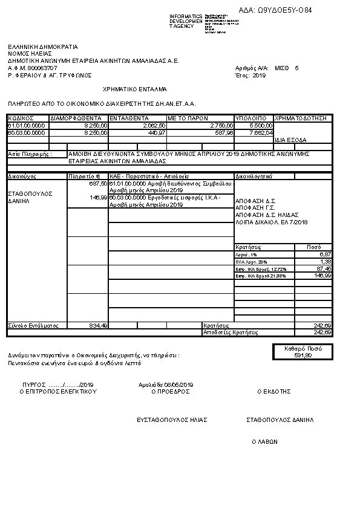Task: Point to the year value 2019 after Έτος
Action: click(259, 76)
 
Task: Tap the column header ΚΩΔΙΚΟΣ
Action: click(21, 118)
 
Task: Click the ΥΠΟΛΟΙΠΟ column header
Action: click(247, 118)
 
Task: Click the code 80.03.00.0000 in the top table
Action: click(27, 132)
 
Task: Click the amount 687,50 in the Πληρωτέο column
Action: click(98, 183)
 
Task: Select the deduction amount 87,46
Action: click(324, 268)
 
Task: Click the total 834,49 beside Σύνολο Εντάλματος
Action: click(98, 325)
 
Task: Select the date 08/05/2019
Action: click(178, 385)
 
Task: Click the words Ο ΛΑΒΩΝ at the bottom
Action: click(264, 442)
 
